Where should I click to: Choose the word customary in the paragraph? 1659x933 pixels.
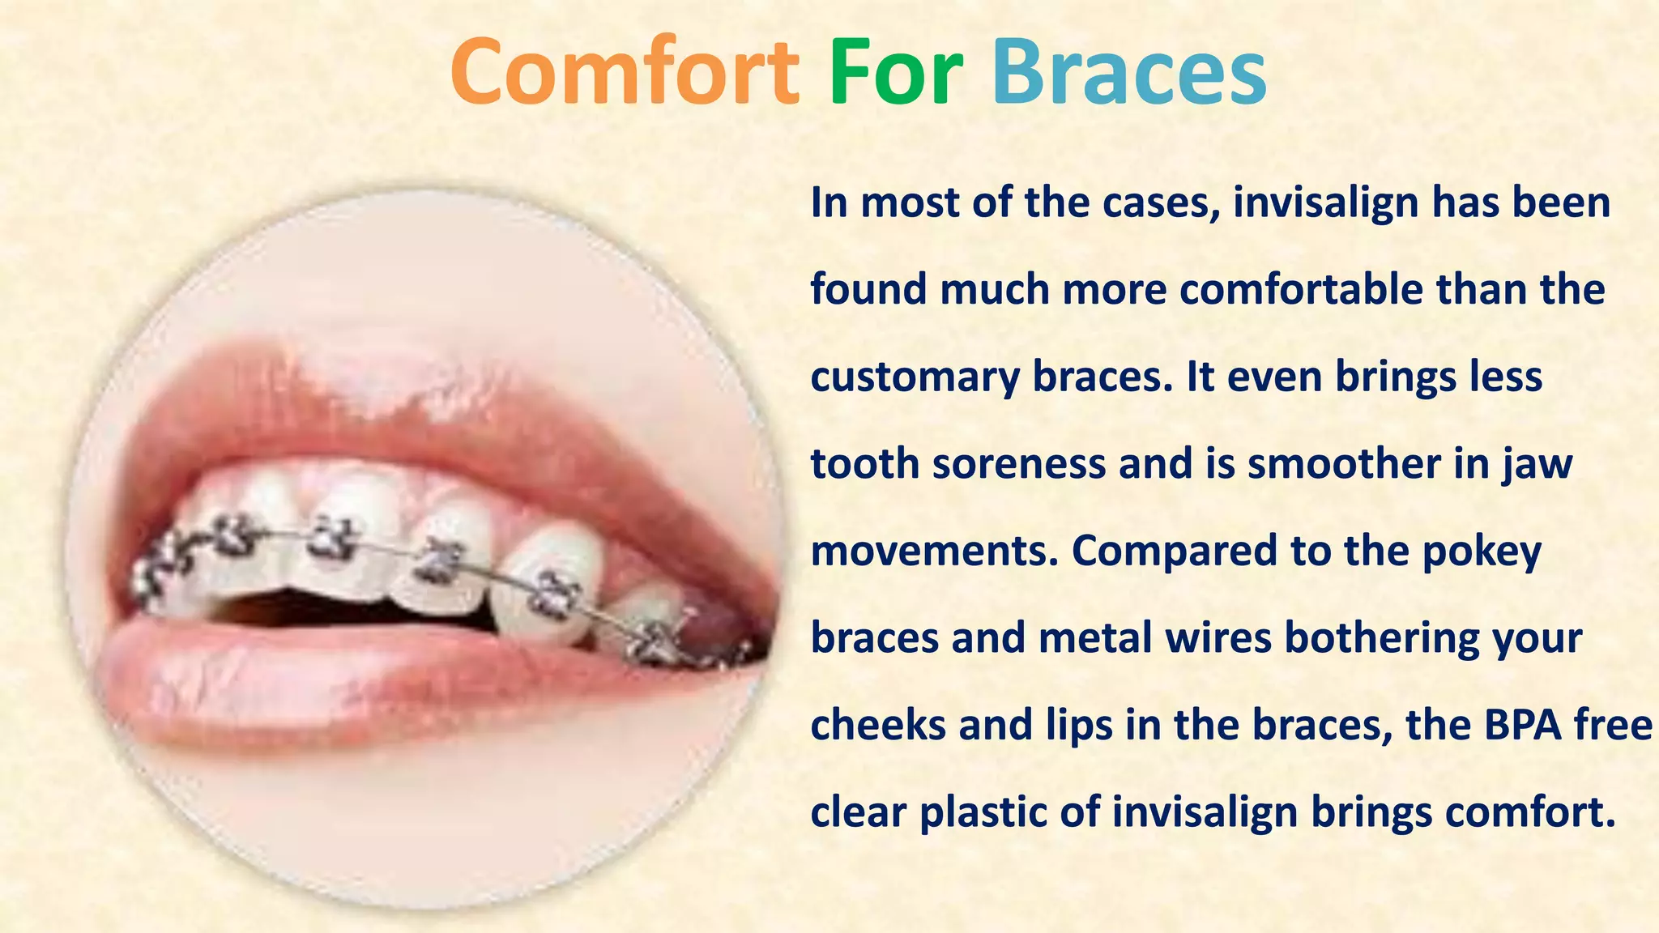pyautogui.click(x=915, y=378)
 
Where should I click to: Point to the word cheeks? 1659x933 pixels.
pyautogui.click(x=877, y=725)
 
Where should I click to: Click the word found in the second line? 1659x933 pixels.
pyautogui.click(x=868, y=290)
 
